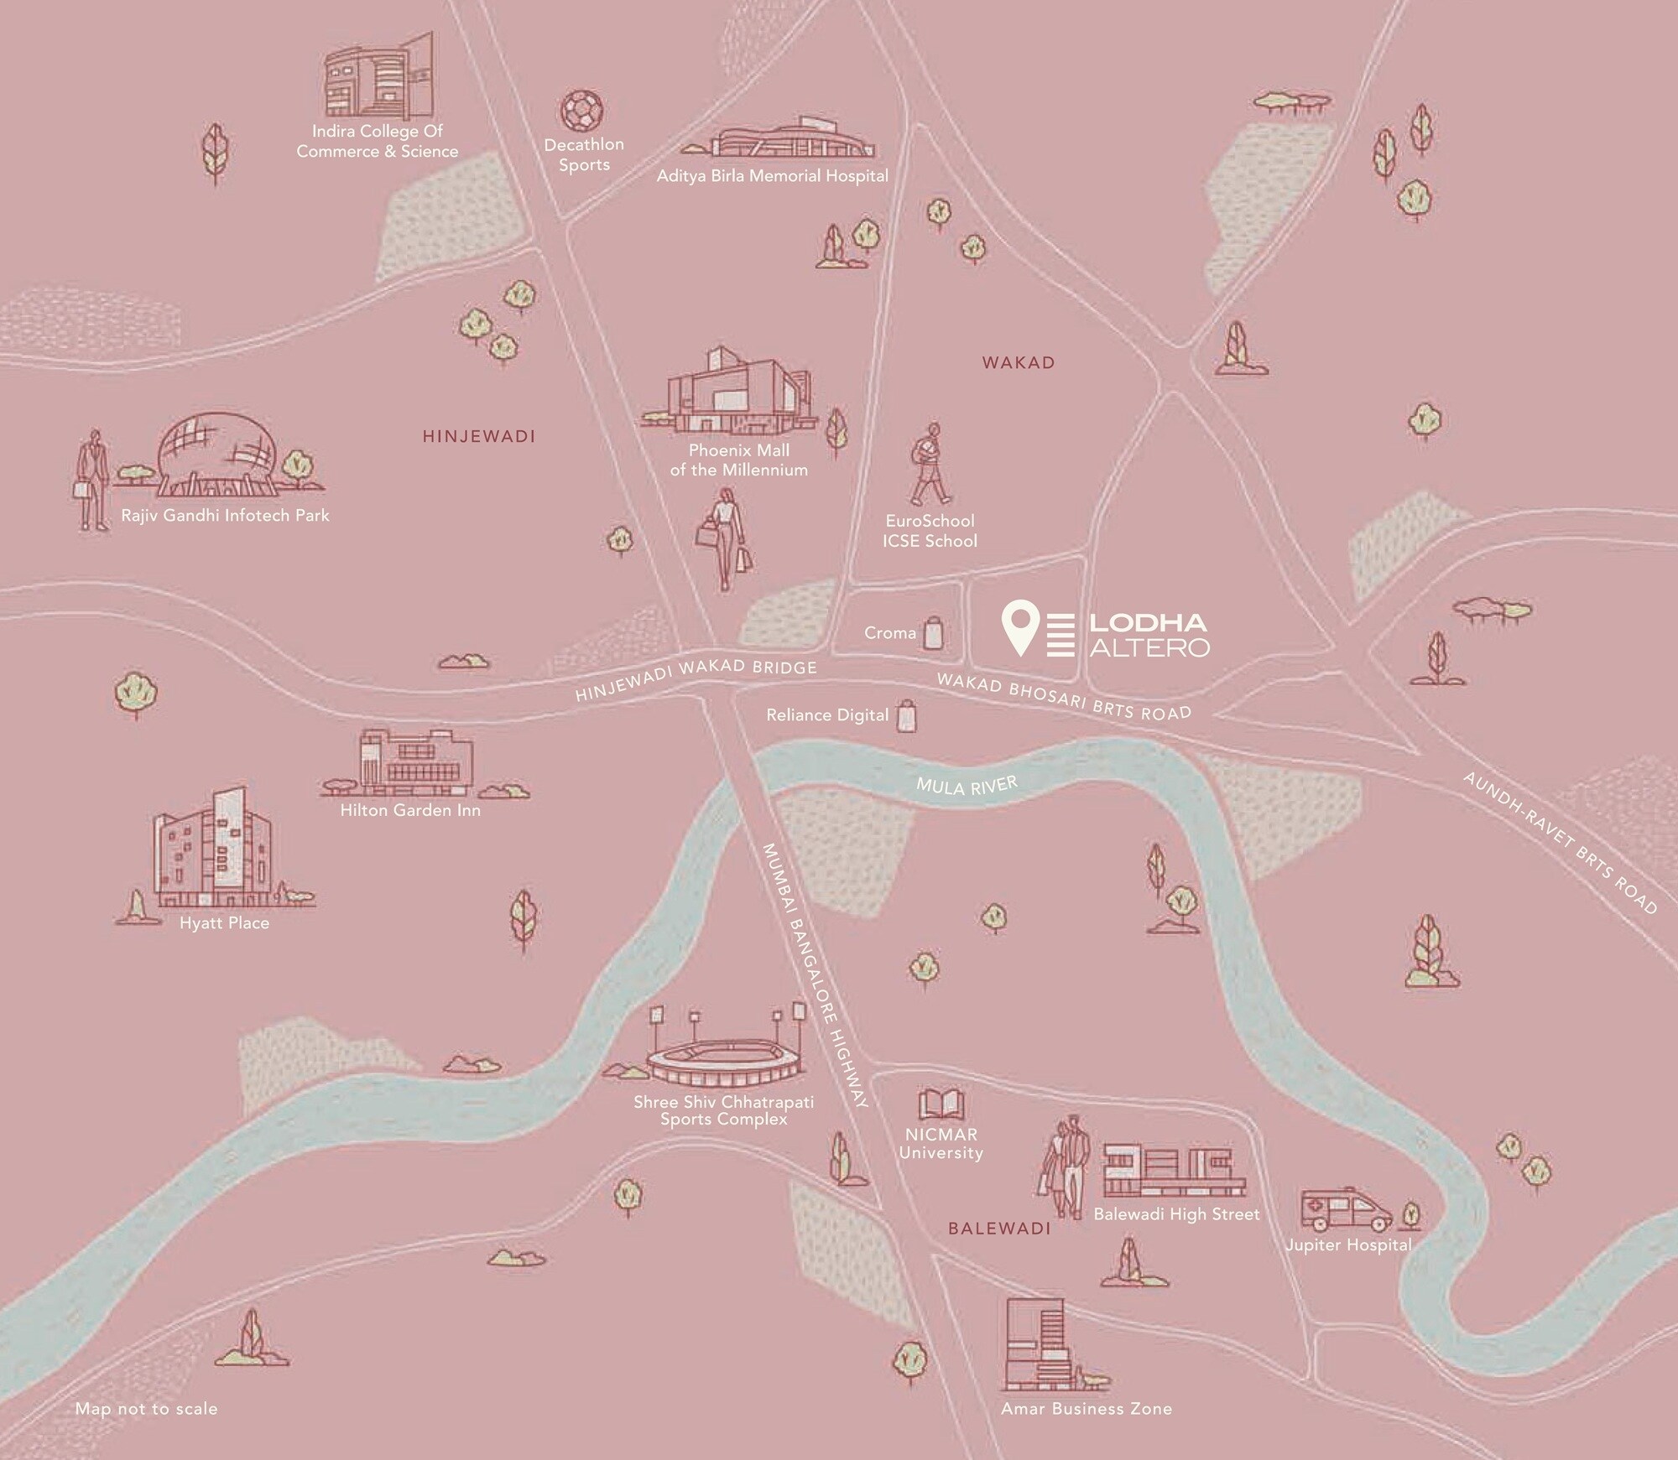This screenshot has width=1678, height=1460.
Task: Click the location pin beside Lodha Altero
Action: click(1021, 626)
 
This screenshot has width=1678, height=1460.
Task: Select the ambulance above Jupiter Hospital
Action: click(1345, 1209)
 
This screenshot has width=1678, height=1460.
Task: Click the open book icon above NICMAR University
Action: click(941, 1104)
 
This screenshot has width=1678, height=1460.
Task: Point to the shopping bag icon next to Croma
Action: click(933, 633)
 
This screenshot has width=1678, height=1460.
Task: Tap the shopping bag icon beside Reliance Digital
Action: click(906, 716)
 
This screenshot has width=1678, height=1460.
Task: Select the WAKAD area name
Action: click(1018, 363)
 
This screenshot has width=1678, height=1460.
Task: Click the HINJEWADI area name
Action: click(479, 436)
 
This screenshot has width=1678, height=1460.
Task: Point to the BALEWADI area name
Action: click(998, 1229)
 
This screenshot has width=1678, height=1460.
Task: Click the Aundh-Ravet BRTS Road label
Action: click(1560, 842)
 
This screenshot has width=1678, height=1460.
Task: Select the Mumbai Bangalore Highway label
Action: click(814, 977)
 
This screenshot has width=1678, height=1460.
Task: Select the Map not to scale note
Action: click(146, 1409)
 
